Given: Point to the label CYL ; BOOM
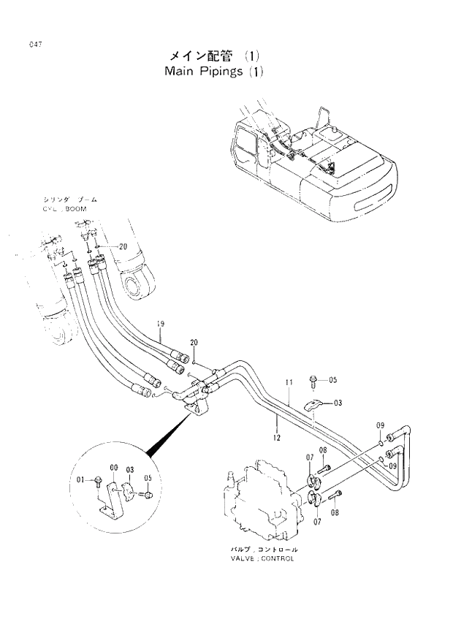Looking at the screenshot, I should (x=69, y=208).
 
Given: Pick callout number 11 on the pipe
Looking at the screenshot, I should (x=289, y=382).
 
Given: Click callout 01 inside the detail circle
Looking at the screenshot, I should (x=81, y=479).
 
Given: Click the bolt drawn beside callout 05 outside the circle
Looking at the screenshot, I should (x=315, y=379).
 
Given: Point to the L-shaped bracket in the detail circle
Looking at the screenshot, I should (x=110, y=500).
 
